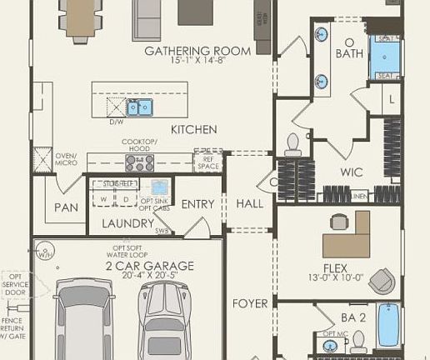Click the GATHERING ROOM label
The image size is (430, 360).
pos(197,51)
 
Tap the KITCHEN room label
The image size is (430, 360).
pos(193,129)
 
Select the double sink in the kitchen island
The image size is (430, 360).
pos(139,107)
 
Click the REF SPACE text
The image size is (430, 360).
pos(207,162)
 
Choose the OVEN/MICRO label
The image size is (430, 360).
pos(66,158)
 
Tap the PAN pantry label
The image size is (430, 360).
pos(66,207)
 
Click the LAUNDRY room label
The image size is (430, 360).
pos(127,223)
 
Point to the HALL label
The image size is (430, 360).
pos(249,203)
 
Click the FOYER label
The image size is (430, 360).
pos(250,303)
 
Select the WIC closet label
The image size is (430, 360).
pos(352,172)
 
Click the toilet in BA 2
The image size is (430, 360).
pos(360,339)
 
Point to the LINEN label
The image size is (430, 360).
pos(359,196)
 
